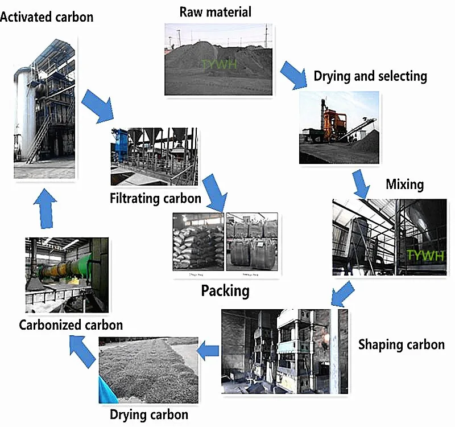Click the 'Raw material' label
215,11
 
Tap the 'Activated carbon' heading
47,17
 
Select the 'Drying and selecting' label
370,76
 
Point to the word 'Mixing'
404,184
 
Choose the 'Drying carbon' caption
148,414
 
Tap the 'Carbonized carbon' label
71,325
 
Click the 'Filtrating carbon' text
155,198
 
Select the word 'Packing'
225,291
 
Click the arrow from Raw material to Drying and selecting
295,76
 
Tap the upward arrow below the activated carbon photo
44,208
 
